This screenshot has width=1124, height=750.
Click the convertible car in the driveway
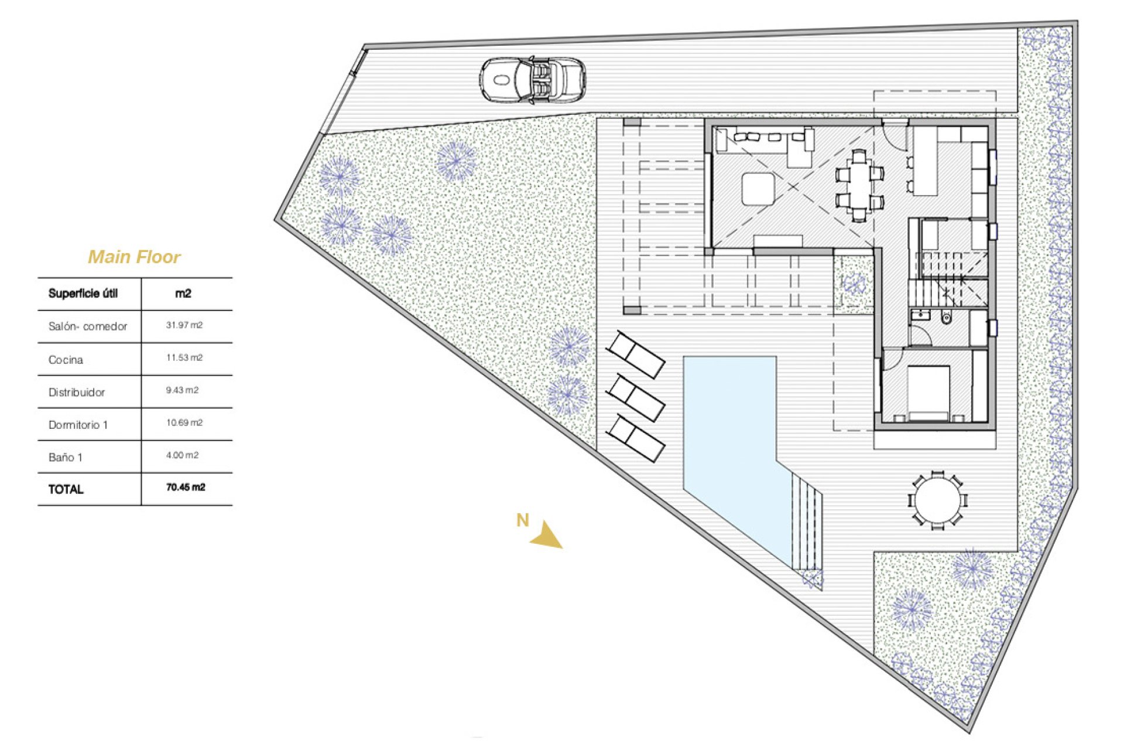[533, 80]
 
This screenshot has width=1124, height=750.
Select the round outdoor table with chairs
[937, 501]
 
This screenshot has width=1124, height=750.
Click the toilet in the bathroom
[946, 318]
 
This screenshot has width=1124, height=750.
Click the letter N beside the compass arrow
[522, 520]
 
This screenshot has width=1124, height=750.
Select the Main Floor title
[134, 257]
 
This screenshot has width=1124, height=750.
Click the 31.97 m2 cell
[184, 325]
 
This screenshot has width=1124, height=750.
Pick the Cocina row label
[66, 360]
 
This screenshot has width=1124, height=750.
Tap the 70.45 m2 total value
[186, 487]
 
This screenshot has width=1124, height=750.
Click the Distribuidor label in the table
[77, 393]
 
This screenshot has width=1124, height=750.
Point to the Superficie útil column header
[83, 294]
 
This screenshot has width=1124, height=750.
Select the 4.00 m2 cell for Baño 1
[182, 455]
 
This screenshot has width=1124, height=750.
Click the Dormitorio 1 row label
[78, 425]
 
